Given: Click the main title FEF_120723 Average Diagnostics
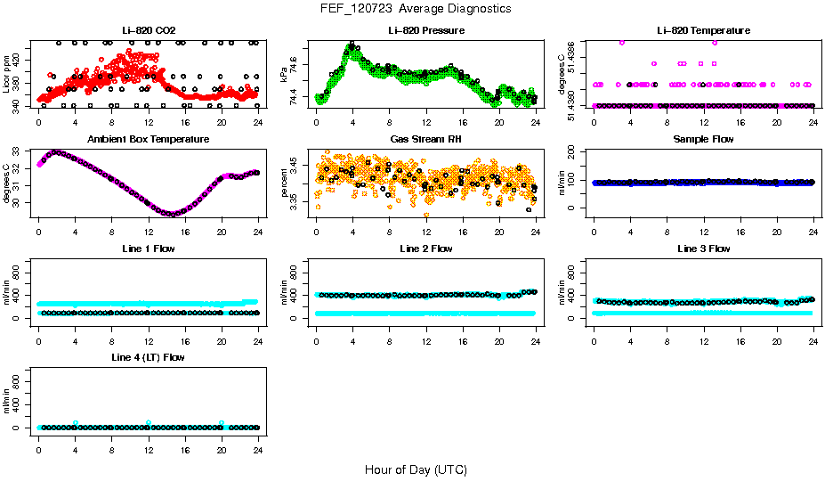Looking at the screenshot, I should (x=416, y=8).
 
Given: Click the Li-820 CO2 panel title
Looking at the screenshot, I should (x=148, y=31).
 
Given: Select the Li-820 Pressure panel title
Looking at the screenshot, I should (x=425, y=31).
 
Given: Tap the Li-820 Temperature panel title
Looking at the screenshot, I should (x=702, y=31).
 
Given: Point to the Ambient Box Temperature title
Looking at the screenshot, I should (x=148, y=140).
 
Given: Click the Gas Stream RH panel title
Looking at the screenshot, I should (x=425, y=140).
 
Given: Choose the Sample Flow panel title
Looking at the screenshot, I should (x=703, y=140).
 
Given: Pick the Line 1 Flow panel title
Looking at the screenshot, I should (x=148, y=249).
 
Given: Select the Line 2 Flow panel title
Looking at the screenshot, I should (x=425, y=249).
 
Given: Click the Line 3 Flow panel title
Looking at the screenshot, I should (x=703, y=249).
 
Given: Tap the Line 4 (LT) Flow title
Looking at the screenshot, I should (x=148, y=357).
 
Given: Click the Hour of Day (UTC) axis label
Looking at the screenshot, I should (x=416, y=469).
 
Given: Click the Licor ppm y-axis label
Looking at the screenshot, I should (x=6, y=73).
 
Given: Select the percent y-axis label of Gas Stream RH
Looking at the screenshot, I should (x=284, y=182).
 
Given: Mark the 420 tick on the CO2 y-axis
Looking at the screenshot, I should (x=20, y=61).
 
